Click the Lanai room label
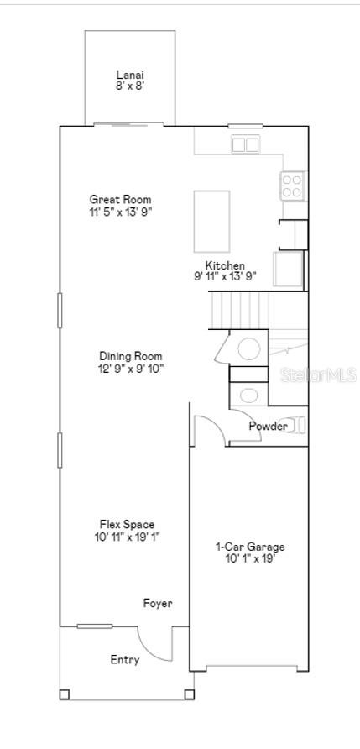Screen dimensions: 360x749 (x=130, y=75)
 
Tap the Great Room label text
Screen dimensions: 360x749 (x=120, y=199)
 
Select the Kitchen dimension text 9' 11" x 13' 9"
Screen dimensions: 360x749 (x=226, y=276)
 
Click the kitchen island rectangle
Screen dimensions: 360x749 (x=211, y=221)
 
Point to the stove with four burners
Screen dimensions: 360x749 (x=292, y=186)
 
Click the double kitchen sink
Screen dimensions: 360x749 (x=245, y=144)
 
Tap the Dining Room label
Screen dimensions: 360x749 (x=130, y=356)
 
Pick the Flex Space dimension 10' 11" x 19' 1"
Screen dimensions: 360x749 (x=127, y=537)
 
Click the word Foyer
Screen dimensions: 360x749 (x=158, y=603)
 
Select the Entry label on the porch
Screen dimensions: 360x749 (x=125, y=660)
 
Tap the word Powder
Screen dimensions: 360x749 (x=268, y=426)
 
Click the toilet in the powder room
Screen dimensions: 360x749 (x=296, y=425)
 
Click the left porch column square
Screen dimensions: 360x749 (x=65, y=694)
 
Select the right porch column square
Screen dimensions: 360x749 (x=189, y=694)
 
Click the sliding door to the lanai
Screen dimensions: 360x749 (x=128, y=124)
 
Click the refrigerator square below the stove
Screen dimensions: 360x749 (x=289, y=269)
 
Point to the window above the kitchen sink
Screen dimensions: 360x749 (x=245, y=126)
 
